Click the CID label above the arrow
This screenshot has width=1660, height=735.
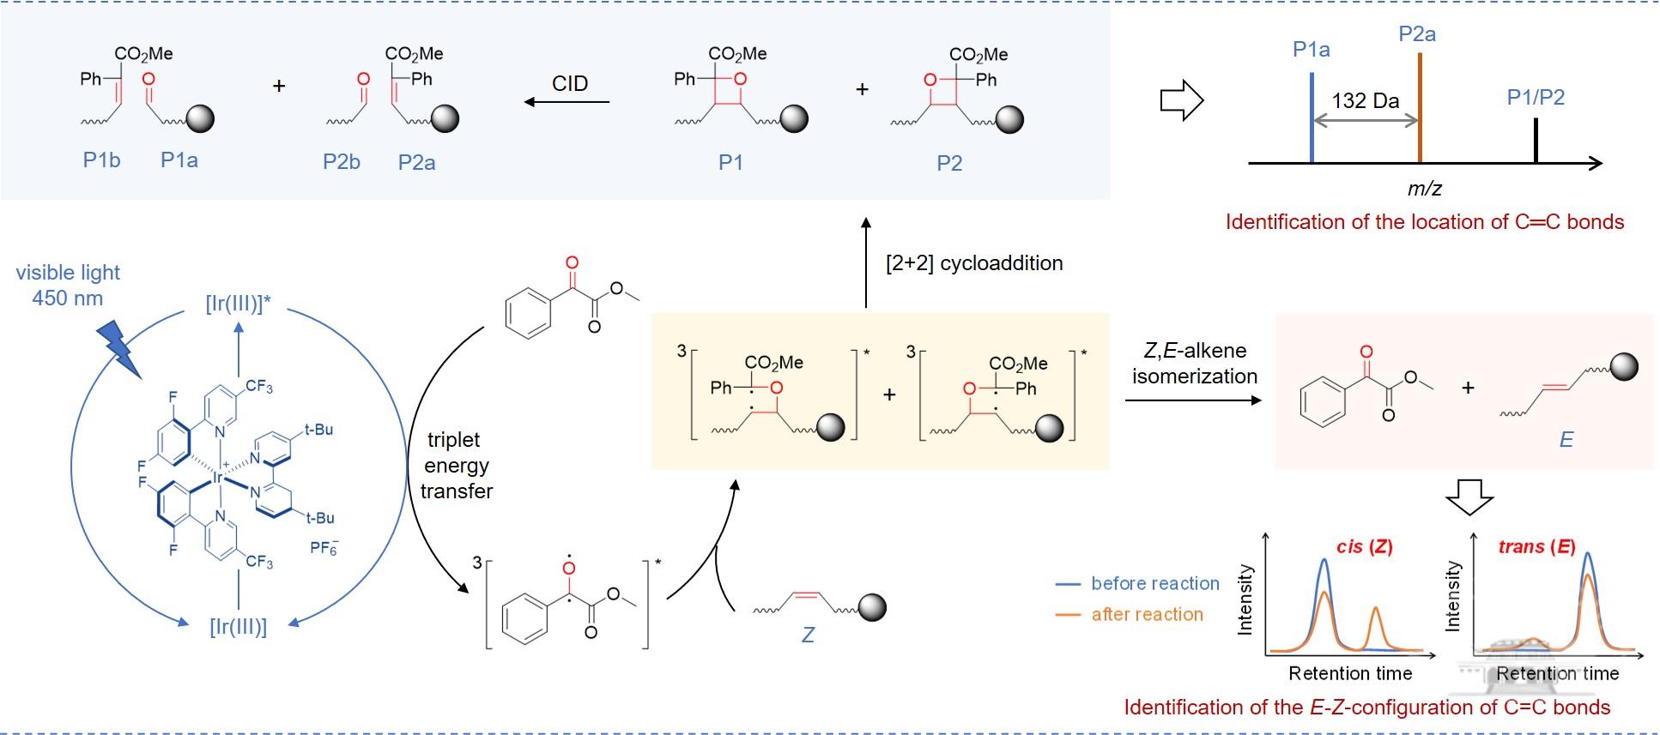pos(570,83)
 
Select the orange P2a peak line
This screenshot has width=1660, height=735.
pos(1421,107)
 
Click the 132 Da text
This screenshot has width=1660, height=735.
pos(1366,100)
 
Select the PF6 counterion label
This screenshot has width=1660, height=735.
pos(324,546)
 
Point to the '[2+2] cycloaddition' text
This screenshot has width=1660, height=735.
pos(974,263)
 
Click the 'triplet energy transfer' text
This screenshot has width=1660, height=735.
pos(457,466)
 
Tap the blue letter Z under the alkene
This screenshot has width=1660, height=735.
pos(808,636)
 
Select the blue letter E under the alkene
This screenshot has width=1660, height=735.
pos(1566,440)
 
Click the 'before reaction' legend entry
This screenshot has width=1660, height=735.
pos(1154,583)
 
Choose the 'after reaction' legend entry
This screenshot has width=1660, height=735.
pos(1147,614)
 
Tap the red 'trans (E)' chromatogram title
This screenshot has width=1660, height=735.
pos(1536,546)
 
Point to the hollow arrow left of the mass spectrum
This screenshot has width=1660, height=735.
pos(1182,101)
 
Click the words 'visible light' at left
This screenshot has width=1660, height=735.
pos(69,273)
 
